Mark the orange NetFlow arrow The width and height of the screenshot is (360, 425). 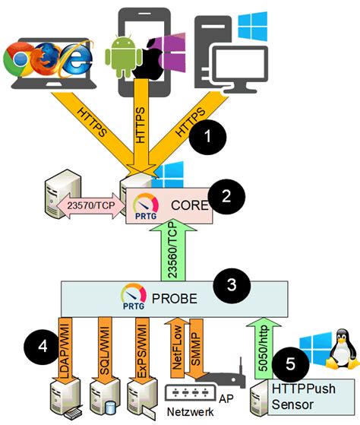tap(178, 342)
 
